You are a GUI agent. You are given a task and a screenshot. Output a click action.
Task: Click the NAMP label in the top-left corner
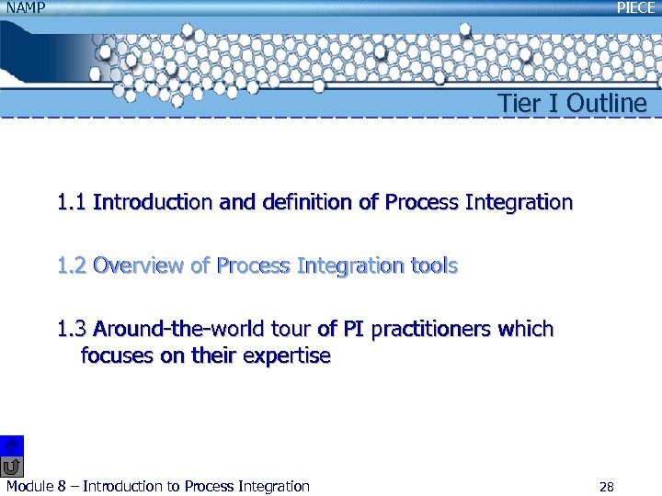tap(25, 8)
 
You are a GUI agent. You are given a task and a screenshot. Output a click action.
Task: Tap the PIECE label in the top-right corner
tap(635, 8)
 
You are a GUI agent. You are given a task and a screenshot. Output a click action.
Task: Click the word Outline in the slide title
tap(607, 104)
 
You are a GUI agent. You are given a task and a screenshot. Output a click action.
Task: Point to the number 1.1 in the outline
tap(71, 202)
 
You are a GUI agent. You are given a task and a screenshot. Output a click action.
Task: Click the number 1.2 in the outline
tap(71, 266)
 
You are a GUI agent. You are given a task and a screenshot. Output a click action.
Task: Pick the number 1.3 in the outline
tap(71, 329)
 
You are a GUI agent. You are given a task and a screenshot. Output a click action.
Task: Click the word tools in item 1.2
tap(433, 266)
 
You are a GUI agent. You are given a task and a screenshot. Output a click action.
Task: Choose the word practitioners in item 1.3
tap(432, 329)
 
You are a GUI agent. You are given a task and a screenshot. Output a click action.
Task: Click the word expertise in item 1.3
tap(286, 356)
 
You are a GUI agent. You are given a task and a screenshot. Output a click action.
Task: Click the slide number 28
tap(605, 487)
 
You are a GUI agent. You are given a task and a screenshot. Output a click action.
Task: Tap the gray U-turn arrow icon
tap(12, 467)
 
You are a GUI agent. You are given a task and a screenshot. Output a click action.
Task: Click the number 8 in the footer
tap(62, 487)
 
